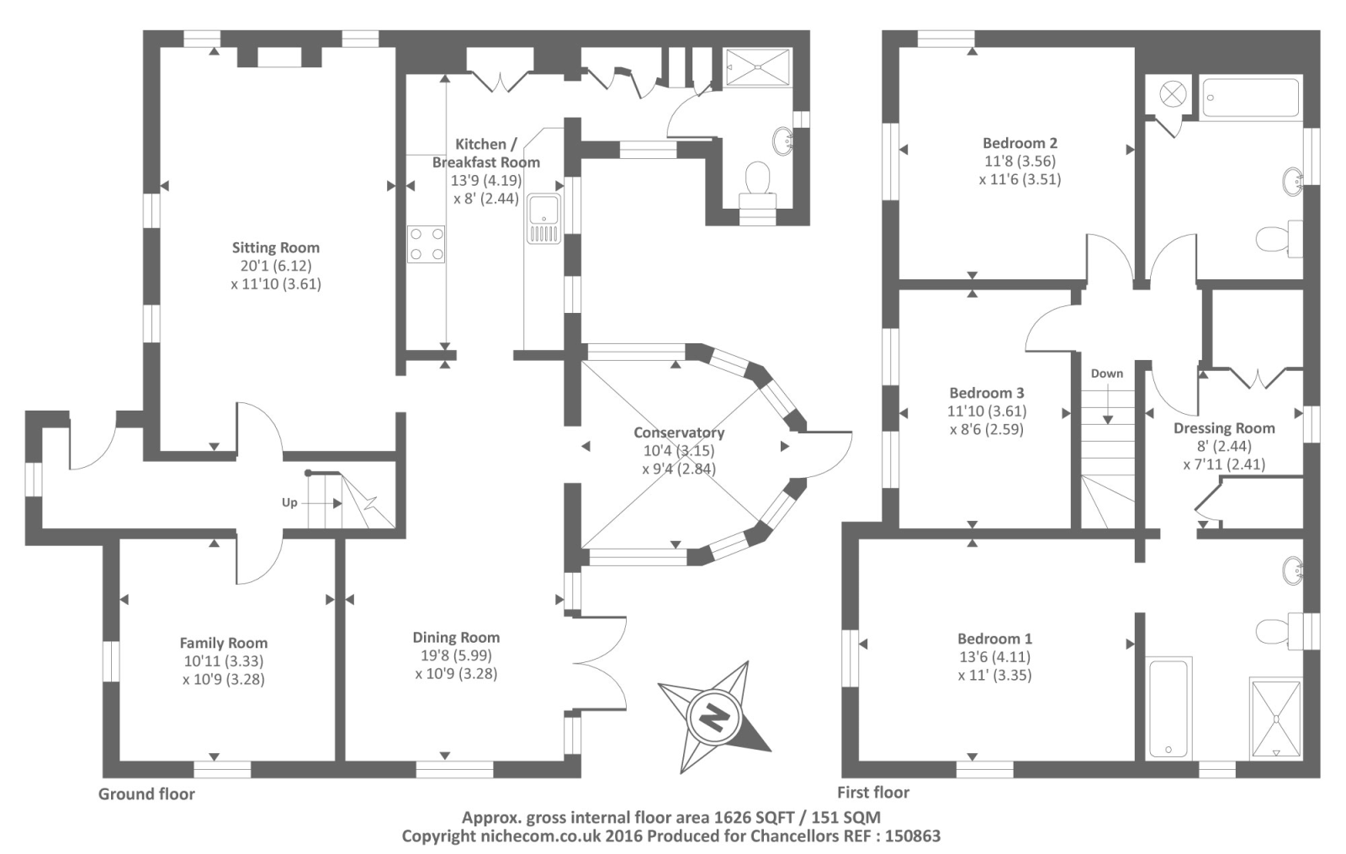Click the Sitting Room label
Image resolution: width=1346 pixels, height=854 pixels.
[275, 247]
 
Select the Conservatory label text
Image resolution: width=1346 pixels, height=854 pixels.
[679, 432]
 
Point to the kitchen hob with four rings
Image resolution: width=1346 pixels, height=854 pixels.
[427, 244]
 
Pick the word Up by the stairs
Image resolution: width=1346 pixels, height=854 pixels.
[289, 502]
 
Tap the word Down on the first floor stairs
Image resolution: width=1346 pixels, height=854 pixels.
[1107, 374]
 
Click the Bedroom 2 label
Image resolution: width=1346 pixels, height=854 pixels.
[1020, 143]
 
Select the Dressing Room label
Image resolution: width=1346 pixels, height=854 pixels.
[1224, 428]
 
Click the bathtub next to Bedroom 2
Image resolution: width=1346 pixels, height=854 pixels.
[1250, 98]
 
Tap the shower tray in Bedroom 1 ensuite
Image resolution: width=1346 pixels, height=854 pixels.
[1276, 718]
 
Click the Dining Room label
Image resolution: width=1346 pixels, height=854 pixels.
[456, 638]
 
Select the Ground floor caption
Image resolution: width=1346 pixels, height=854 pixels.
[146, 793]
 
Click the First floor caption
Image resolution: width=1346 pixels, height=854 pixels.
[873, 792]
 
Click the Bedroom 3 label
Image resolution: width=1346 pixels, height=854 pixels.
[987, 393]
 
